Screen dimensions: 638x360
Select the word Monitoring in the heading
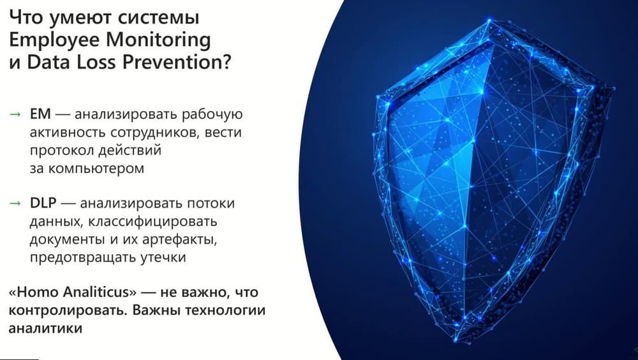(158, 41)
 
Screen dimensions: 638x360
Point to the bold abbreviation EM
(40, 114)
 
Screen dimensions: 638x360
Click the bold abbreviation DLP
(43, 203)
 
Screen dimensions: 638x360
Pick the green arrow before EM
(15, 114)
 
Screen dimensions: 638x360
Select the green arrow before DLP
(15, 203)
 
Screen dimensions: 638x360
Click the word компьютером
(96, 168)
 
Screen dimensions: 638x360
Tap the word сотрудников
(154, 133)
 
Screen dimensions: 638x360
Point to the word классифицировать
(152, 222)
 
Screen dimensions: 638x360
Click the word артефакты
(179, 240)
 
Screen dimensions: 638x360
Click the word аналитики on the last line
(45, 328)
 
